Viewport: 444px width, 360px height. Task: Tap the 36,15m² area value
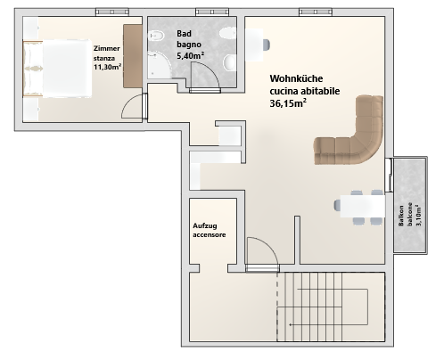(x=288, y=103)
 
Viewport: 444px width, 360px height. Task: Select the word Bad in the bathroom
(x=184, y=34)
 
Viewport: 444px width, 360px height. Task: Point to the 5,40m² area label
(x=190, y=55)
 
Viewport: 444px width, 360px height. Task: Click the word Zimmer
(x=107, y=48)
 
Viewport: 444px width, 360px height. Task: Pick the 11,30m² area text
(x=107, y=67)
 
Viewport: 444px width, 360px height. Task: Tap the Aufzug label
(x=205, y=225)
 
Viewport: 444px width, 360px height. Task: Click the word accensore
(x=210, y=234)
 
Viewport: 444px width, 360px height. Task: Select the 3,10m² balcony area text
(x=419, y=215)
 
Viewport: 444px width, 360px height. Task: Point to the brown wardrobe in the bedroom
(x=133, y=56)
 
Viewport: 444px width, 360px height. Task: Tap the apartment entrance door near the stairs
(x=262, y=268)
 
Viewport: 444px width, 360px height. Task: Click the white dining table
(x=362, y=206)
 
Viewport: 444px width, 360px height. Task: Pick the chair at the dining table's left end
(x=337, y=205)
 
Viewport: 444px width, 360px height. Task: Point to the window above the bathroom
(x=212, y=12)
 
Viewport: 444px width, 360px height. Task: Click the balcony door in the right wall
(x=389, y=175)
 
